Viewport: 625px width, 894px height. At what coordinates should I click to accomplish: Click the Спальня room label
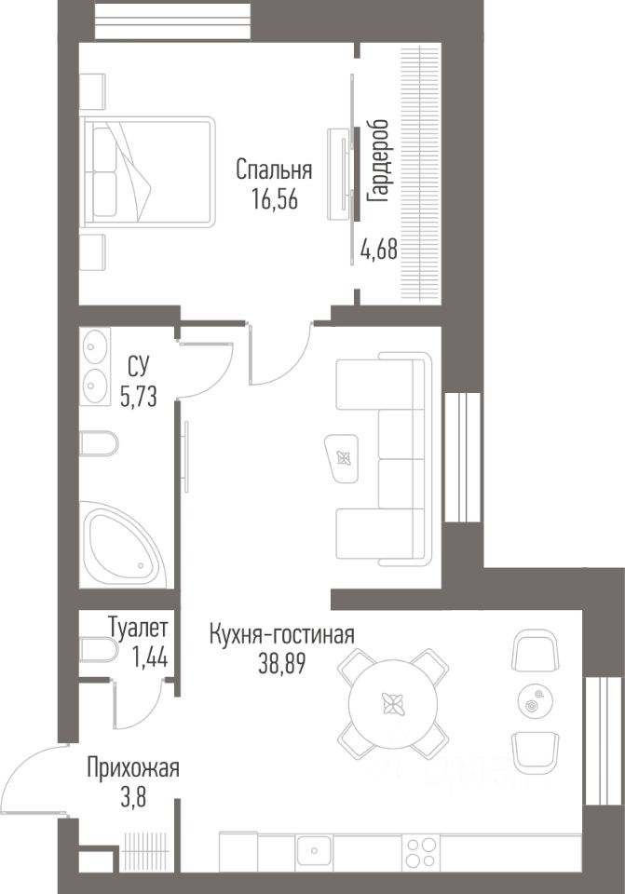[274, 170]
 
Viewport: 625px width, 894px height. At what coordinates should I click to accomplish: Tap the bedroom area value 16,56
[274, 199]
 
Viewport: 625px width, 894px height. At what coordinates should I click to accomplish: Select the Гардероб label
[378, 161]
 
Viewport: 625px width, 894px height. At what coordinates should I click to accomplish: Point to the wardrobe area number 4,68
[379, 250]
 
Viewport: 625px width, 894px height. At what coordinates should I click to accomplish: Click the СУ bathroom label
[138, 367]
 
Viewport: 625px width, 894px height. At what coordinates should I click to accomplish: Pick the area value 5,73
[138, 395]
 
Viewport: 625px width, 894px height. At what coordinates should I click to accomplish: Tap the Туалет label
[138, 629]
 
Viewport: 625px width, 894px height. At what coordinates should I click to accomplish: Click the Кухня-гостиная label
[281, 634]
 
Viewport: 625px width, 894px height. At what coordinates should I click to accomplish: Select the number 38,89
[282, 663]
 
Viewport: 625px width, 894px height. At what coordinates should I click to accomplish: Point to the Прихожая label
[133, 768]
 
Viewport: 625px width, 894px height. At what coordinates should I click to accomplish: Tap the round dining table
[393, 704]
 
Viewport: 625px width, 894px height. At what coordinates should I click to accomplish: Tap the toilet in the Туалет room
[99, 651]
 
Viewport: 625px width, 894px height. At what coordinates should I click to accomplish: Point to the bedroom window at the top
[172, 21]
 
